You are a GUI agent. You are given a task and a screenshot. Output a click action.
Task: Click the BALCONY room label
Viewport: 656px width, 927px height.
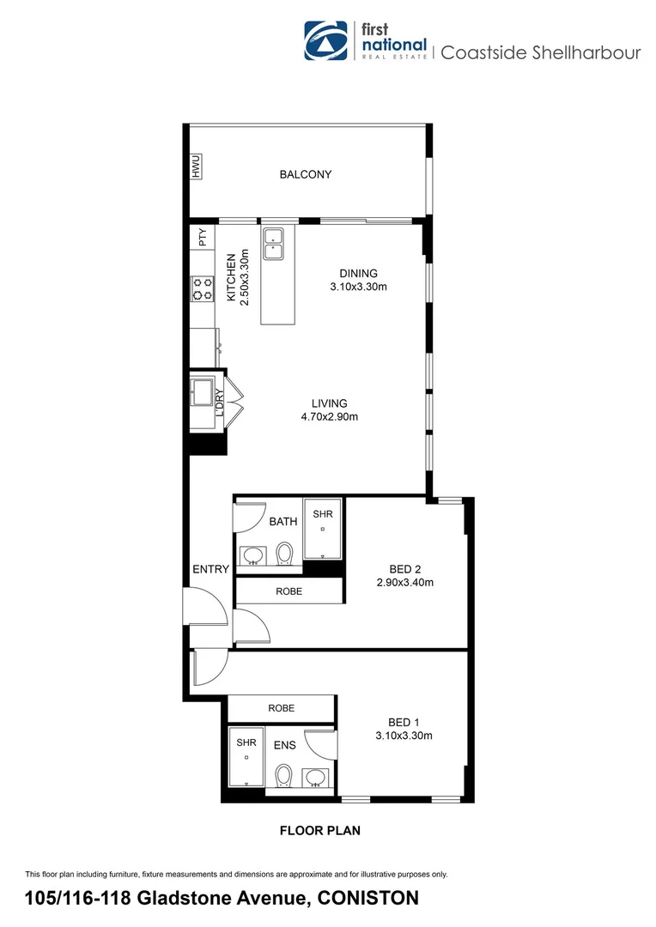(x=305, y=174)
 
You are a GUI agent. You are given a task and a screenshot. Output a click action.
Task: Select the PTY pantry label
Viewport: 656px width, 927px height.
(x=203, y=238)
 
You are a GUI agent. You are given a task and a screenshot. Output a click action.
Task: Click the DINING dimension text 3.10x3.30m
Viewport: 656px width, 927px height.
(x=359, y=287)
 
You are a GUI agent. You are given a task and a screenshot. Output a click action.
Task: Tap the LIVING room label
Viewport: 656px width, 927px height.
(x=329, y=403)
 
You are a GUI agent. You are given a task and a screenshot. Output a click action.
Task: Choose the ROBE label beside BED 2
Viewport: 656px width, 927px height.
(x=289, y=591)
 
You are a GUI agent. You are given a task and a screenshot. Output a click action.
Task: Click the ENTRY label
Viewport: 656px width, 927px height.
(x=210, y=569)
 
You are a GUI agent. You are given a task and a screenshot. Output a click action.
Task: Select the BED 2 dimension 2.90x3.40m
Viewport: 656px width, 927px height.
(x=404, y=583)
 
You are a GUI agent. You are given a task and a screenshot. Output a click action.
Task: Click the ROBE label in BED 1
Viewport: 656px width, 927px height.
(x=281, y=708)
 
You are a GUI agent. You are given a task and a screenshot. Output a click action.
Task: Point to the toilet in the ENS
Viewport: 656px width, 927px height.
(x=284, y=775)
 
